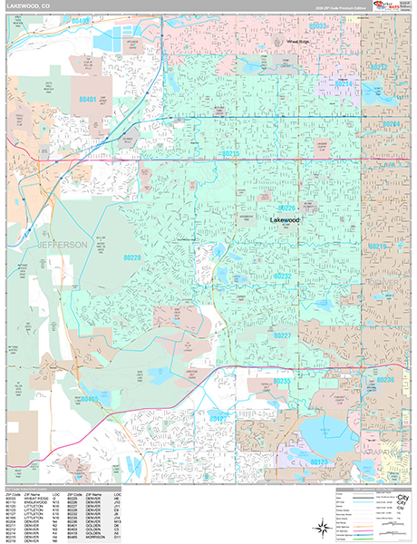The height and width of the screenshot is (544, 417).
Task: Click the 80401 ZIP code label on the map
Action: click(88, 98)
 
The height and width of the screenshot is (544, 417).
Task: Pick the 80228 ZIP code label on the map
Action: click(131, 258)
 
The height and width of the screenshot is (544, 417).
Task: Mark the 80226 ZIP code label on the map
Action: click(288, 208)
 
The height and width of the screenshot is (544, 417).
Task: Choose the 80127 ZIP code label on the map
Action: click(217, 419)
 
